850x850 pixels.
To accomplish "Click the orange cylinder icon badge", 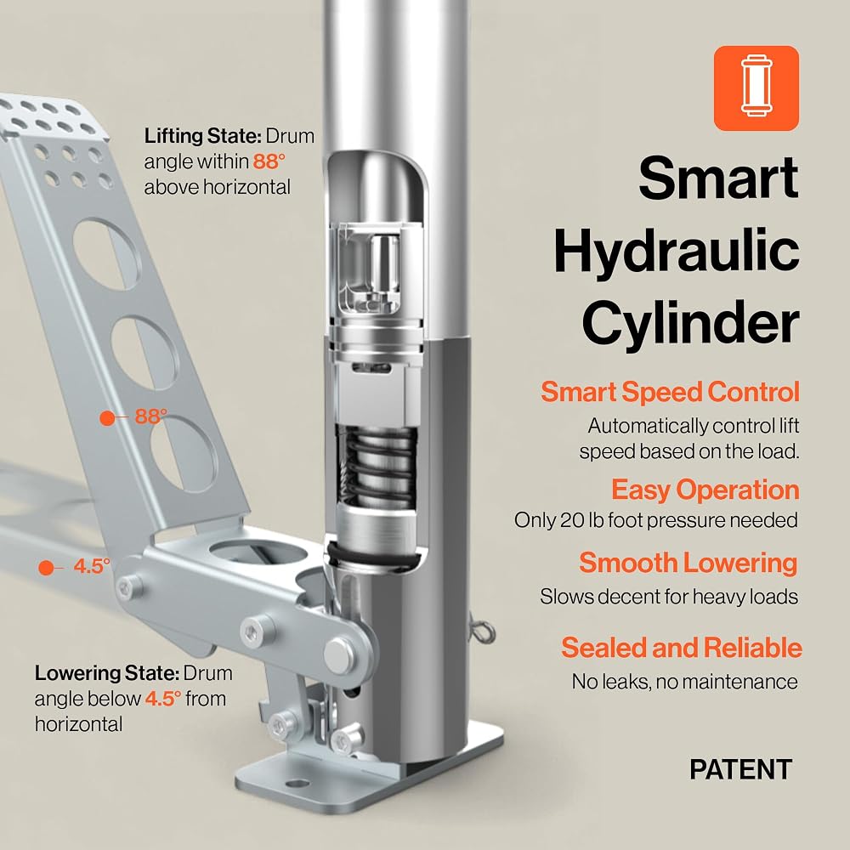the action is pyautogui.click(x=756, y=88).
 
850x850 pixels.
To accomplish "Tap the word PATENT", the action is pyautogui.click(x=740, y=769).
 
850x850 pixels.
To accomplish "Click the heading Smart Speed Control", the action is pyautogui.click(x=670, y=391).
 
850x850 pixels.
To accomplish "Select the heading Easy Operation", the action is pyautogui.click(x=705, y=490).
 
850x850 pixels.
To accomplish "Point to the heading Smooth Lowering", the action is pyautogui.click(x=688, y=563).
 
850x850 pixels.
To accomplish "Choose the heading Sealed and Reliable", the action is pyautogui.click(x=682, y=647).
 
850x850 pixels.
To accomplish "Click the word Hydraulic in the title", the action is pyautogui.click(x=677, y=251).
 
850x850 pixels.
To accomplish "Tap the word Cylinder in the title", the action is pyautogui.click(x=690, y=323).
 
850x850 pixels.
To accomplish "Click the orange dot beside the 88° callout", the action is pyautogui.click(x=107, y=418).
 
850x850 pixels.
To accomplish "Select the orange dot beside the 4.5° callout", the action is pyautogui.click(x=46, y=568).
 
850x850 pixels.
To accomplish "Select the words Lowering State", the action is pyautogui.click(x=107, y=672).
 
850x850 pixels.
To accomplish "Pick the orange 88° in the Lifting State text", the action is pyautogui.click(x=269, y=161).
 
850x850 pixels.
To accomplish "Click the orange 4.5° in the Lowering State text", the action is pyautogui.click(x=162, y=698).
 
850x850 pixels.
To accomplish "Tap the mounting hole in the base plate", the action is pyautogui.click(x=297, y=783).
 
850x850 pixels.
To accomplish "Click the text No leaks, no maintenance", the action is pyautogui.click(x=684, y=682).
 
